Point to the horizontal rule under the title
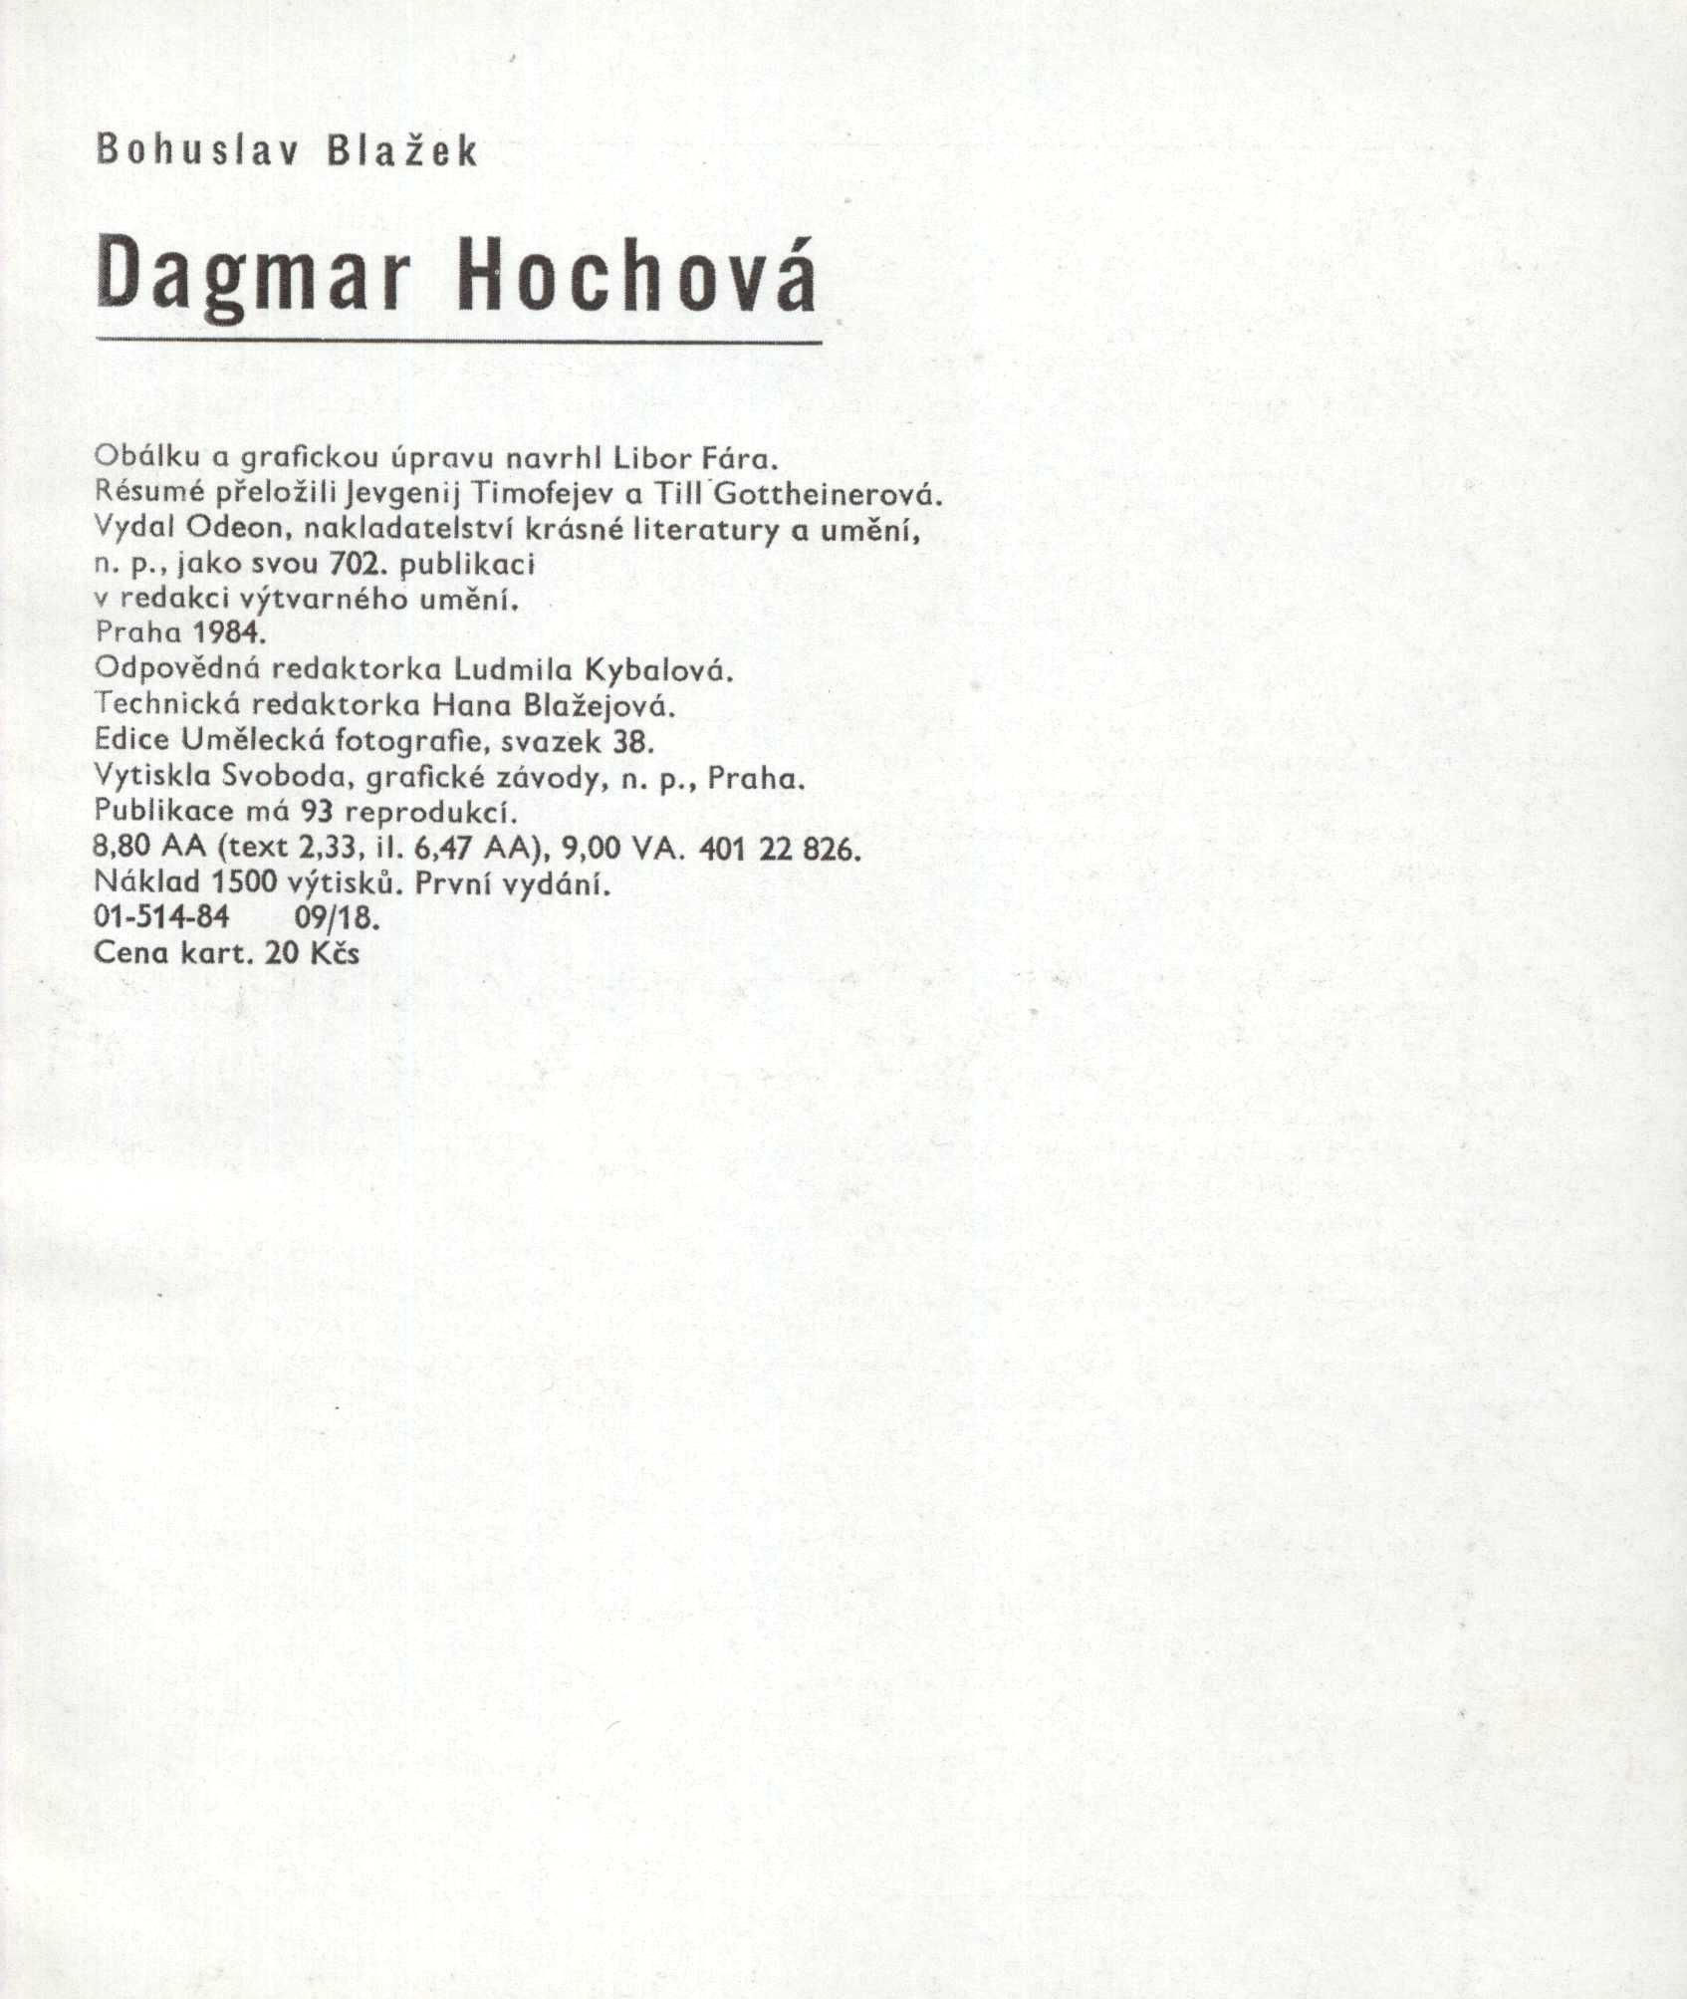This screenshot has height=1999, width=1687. tap(458, 342)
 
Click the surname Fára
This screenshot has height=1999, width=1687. tap(738, 459)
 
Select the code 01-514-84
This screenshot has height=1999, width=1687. tap(161, 916)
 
